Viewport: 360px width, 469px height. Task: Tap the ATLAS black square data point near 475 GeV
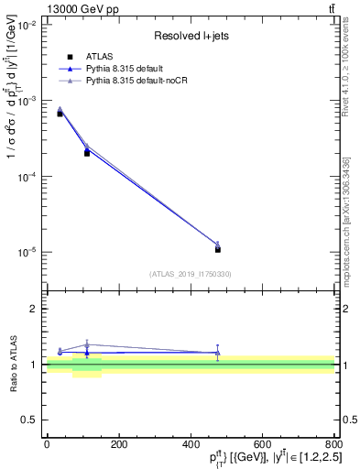click(218, 249)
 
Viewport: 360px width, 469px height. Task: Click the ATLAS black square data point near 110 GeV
click(87, 153)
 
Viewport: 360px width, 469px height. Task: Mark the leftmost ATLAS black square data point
click(60, 114)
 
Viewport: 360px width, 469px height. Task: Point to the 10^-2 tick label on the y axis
click(28, 25)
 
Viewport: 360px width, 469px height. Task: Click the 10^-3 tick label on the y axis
click(28, 101)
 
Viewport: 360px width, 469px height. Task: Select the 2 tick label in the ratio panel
click(37, 309)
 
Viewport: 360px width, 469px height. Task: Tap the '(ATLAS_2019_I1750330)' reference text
click(190, 274)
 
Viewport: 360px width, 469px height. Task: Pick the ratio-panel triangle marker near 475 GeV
click(217, 352)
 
